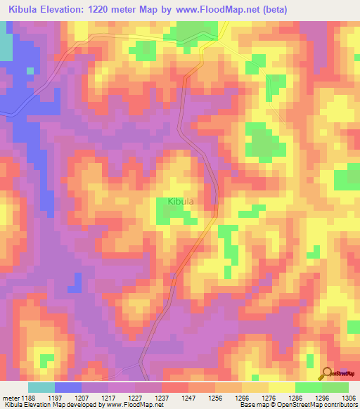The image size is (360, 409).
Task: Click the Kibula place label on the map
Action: pyautogui.click(x=181, y=202)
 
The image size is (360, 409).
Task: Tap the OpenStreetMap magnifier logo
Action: pyautogui.click(x=328, y=372)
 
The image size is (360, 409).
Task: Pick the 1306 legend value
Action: pyautogui.click(x=349, y=397)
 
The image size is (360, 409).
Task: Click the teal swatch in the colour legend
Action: pyautogui.click(x=41, y=387)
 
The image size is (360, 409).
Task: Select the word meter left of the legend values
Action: pyautogui.click(x=10, y=397)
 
